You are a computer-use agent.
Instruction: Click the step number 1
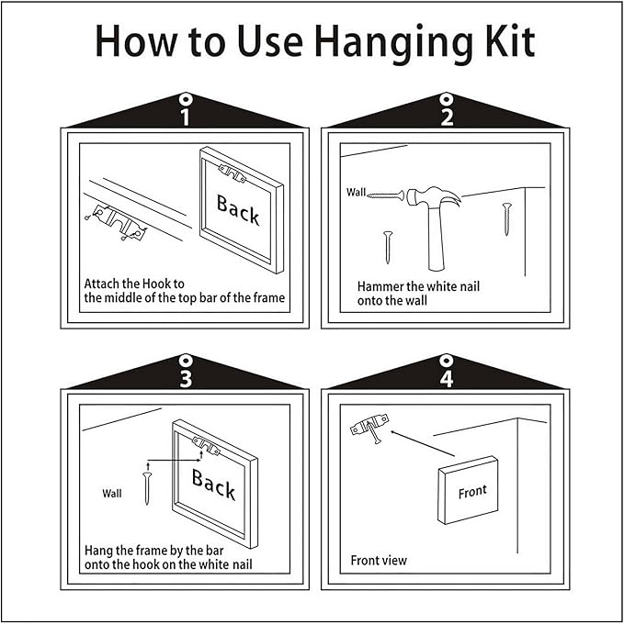tap(185, 117)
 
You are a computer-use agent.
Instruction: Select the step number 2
tap(447, 117)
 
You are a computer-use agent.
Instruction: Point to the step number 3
tap(186, 378)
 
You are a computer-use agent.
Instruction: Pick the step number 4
tap(447, 378)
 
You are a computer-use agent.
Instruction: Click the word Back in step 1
tap(238, 209)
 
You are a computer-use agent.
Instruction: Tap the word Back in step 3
tap(213, 484)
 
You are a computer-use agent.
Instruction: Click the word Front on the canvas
tap(472, 492)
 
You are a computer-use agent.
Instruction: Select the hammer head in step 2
tap(432, 198)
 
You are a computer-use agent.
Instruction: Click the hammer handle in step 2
tap(436, 238)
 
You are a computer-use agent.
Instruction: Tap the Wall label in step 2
tap(356, 192)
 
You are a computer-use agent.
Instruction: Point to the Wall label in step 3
tap(112, 494)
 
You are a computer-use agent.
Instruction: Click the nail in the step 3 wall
tap(147, 487)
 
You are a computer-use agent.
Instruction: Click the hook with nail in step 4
tap(369, 428)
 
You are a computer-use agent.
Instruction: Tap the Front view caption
tap(379, 561)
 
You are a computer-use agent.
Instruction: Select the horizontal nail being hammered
tap(385, 195)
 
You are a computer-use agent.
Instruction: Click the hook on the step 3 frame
tap(206, 446)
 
